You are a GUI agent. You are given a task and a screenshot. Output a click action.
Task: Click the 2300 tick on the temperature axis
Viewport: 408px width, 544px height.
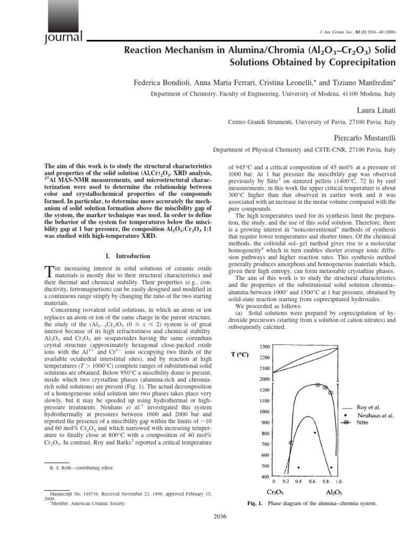coord(264,346)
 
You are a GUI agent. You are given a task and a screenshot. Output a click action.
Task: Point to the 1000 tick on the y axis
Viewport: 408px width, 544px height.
coord(264,411)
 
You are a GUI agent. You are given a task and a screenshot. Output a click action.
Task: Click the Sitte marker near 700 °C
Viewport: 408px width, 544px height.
coord(290,443)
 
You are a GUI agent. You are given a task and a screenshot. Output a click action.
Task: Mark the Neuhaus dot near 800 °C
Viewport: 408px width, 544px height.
coord(315,433)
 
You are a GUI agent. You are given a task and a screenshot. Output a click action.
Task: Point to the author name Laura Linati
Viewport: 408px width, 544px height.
coord(378,109)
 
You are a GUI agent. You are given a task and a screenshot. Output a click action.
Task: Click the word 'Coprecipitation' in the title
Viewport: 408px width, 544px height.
coord(362,62)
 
